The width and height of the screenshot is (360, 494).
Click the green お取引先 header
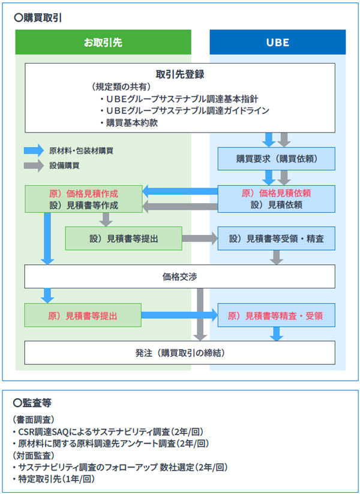click(x=103, y=43)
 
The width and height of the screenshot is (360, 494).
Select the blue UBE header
click(x=277, y=43)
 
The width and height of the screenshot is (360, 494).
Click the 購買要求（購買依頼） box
click(x=277, y=159)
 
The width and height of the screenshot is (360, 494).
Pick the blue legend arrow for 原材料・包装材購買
click(x=33, y=150)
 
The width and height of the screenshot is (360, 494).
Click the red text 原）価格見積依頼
click(x=277, y=193)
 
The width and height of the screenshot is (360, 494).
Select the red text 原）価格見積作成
click(x=83, y=193)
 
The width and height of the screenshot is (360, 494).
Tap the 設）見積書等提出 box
click(x=124, y=238)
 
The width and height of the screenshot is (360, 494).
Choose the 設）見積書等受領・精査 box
click(x=277, y=238)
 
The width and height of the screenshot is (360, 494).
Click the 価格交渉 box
click(x=179, y=276)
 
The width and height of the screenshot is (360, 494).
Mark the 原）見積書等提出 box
click(x=83, y=315)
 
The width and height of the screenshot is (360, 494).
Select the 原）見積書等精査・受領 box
click(x=277, y=315)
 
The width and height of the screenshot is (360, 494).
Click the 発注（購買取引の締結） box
click(x=179, y=353)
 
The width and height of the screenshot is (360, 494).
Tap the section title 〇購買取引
click(x=41, y=17)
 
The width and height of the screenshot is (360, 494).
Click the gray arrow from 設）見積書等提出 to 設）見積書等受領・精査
click(x=200, y=238)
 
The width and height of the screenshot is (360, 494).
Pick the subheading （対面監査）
click(x=34, y=455)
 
